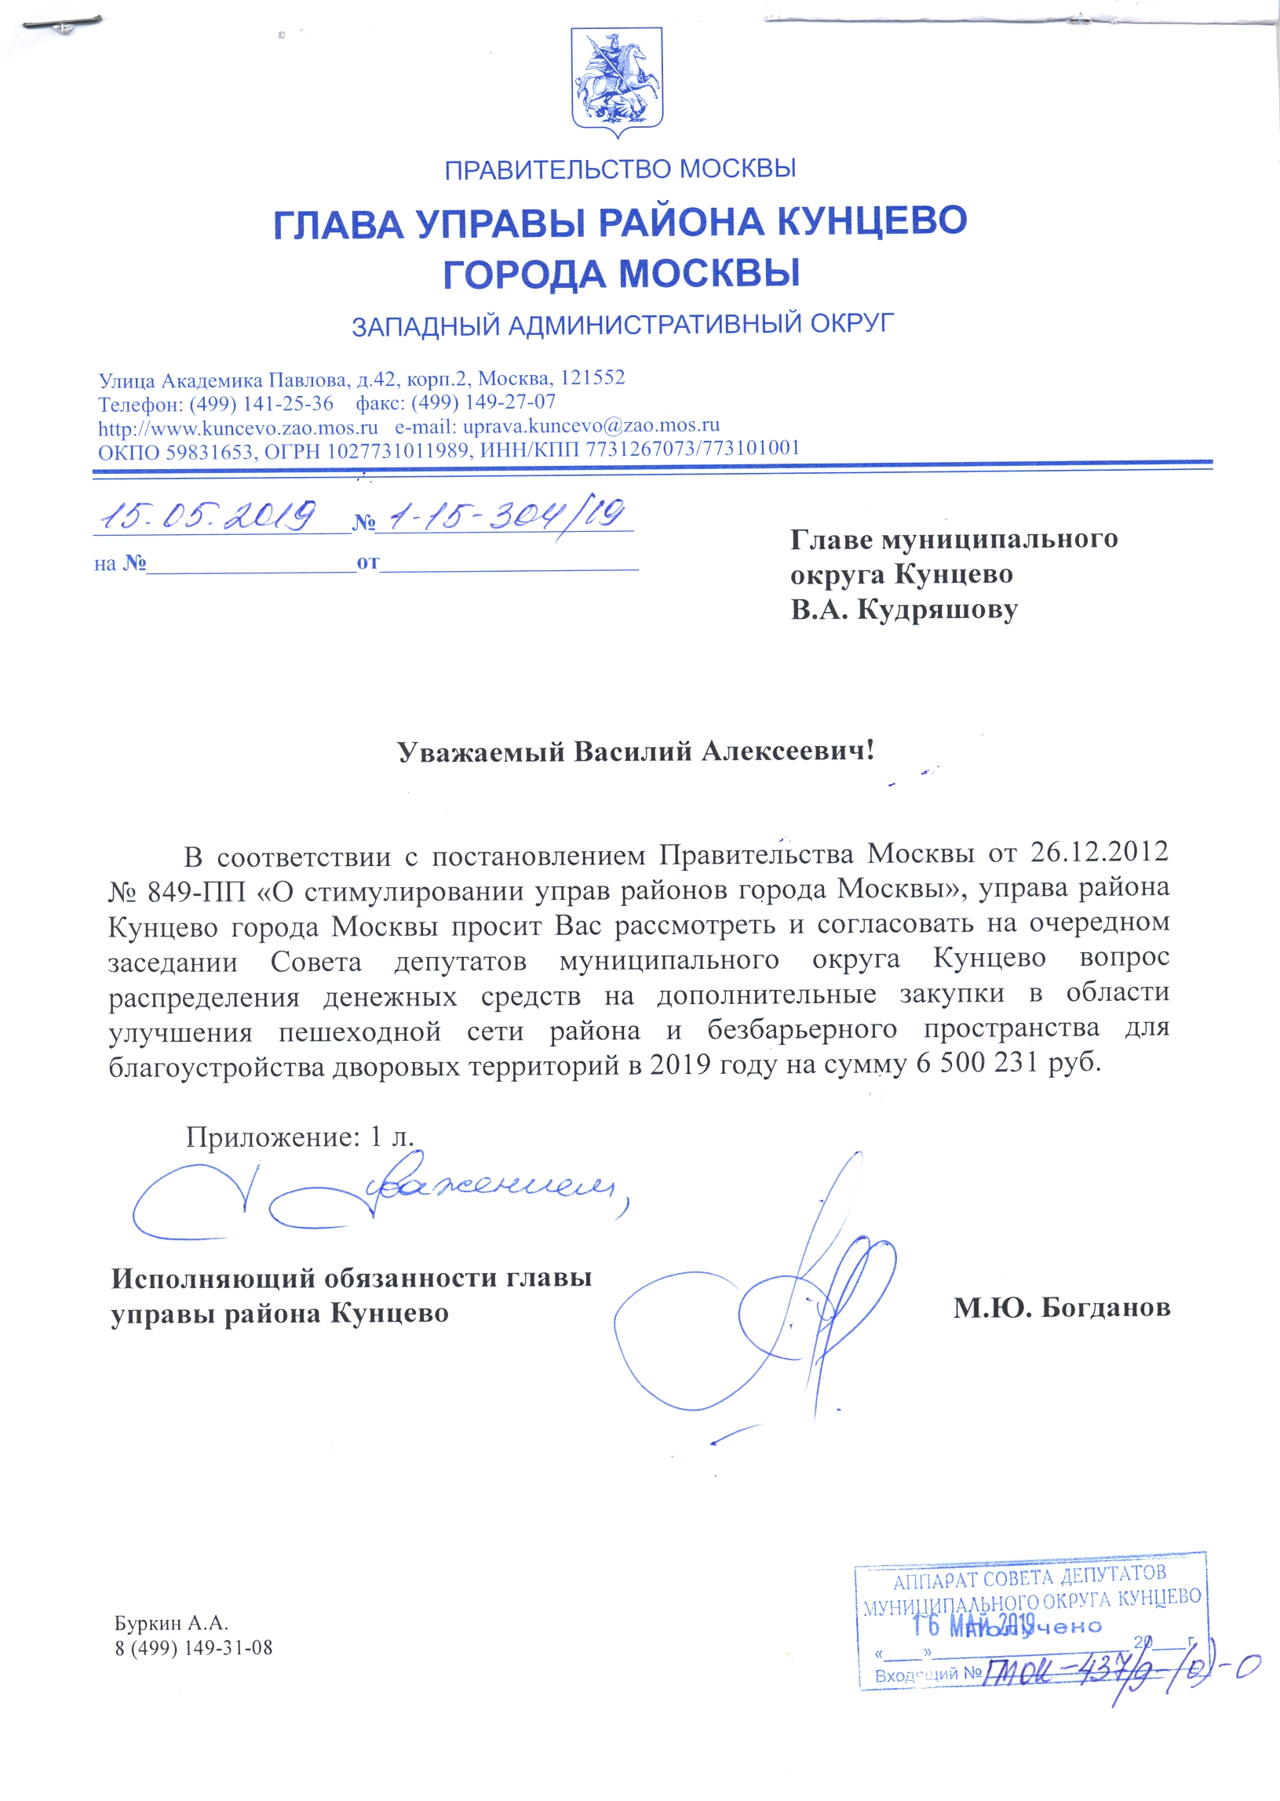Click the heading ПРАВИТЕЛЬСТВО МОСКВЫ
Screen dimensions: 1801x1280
point(620,169)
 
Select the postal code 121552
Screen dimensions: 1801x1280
point(592,378)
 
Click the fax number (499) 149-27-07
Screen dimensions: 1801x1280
point(483,402)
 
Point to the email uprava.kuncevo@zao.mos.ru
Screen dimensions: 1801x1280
point(591,426)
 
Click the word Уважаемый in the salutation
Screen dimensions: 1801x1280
point(481,751)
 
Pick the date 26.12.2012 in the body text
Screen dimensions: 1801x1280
point(1099,853)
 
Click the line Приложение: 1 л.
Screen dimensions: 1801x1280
point(300,1136)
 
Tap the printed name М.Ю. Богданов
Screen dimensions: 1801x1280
point(1061,1308)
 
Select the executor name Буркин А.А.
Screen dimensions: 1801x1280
point(171,1623)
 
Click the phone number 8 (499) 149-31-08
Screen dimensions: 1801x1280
point(193,1648)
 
